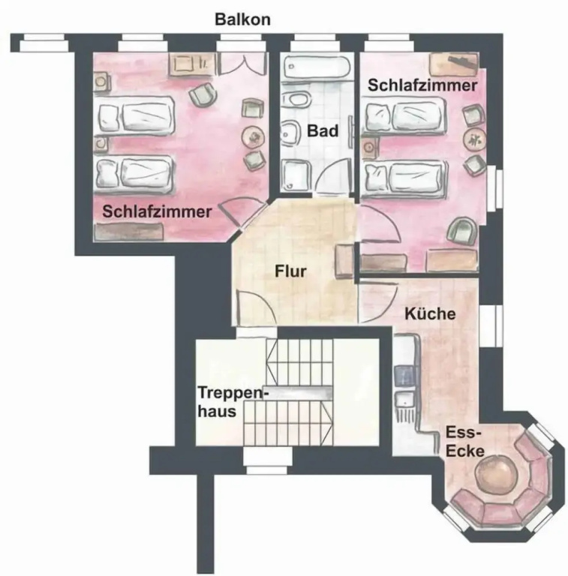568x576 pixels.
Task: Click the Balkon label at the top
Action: [242, 19]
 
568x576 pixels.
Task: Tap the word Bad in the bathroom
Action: [323, 131]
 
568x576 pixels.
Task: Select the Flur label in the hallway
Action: [290, 271]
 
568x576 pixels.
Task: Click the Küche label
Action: [430, 313]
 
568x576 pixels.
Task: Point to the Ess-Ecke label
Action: [464, 442]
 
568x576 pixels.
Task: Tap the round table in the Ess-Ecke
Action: [496, 476]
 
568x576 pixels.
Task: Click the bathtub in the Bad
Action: [317, 67]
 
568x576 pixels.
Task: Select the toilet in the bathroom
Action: [296, 100]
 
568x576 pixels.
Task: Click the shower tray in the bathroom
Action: [296, 175]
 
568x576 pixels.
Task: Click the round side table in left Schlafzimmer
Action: [253, 137]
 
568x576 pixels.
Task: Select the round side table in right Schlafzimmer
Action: [474, 139]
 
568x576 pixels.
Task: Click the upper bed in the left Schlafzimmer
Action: [135, 116]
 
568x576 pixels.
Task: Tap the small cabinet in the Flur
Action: [345, 260]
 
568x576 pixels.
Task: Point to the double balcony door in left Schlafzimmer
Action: [243, 64]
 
